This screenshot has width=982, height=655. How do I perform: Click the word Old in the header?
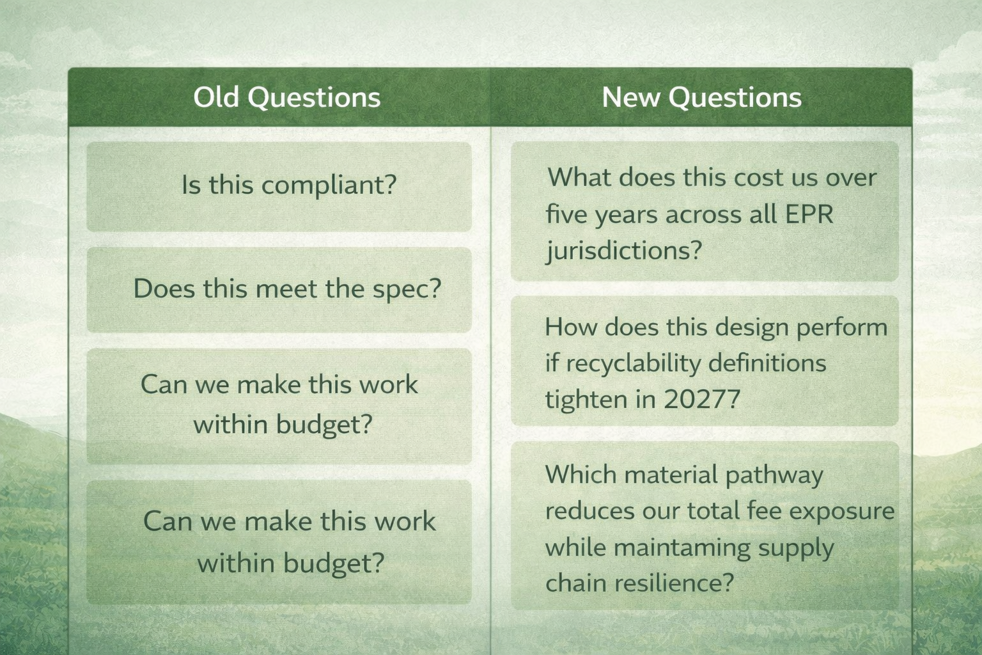(x=217, y=97)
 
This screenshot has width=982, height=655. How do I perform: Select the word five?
(x=567, y=214)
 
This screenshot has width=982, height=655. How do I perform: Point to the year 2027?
(x=701, y=399)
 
